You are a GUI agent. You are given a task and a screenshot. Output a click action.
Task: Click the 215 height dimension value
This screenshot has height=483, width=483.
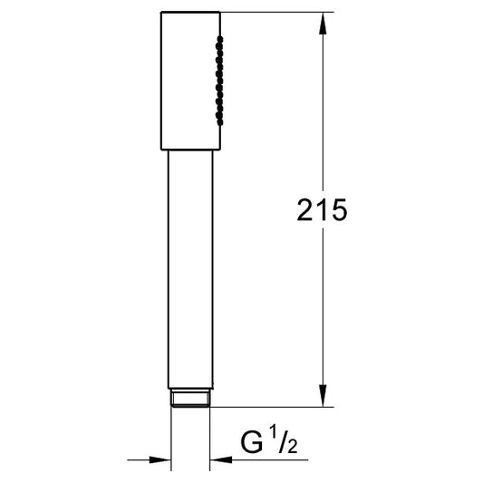(x=322, y=209)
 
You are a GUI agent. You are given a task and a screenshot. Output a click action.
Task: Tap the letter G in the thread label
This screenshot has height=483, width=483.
(x=252, y=442)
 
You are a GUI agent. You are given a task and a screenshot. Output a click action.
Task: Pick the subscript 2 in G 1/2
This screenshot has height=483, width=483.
(x=293, y=447)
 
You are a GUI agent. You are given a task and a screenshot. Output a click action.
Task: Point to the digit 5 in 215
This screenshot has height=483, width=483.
(x=340, y=210)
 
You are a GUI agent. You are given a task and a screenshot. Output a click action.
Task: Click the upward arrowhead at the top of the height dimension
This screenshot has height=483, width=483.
(x=323, y=23)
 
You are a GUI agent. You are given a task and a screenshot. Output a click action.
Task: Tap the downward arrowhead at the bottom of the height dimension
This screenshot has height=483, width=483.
(x=323, y=396)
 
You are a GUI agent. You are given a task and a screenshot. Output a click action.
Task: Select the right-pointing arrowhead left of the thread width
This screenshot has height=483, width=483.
(x=159, y=460)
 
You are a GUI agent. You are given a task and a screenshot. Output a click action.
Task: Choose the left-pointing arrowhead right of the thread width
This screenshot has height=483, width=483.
(x=220, y=460)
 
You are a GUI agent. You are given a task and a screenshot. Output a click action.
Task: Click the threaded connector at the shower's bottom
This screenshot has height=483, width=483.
(x=190, y=398)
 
